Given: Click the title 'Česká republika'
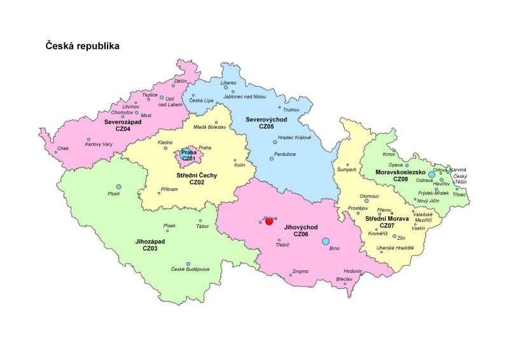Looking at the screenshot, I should click(82, 46).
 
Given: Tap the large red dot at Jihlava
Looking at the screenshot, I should click(269, 221).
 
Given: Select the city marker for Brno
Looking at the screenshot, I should click(326, 241).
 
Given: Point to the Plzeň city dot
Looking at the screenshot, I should click(118, 187).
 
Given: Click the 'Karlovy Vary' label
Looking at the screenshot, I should click(99, 144).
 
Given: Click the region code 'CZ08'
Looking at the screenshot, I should click(400, 179).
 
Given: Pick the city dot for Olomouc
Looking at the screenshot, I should click(366, 201).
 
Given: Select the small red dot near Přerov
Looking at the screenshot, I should click(393, 213).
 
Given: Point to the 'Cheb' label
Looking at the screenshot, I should click(62, 148).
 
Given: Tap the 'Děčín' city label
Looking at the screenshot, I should click(181, 81).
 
